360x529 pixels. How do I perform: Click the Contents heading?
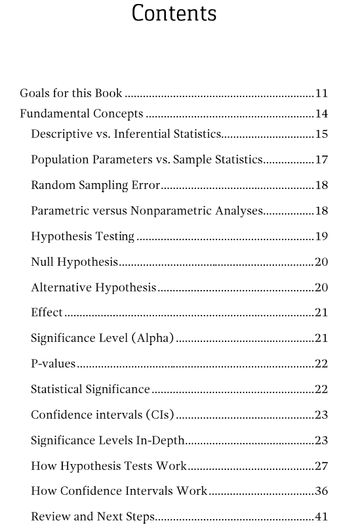pos(174,13)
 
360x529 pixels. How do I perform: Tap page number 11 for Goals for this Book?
pos(321,94)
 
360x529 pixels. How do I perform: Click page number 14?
pos(321,114)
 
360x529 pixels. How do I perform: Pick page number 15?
pos(321,135)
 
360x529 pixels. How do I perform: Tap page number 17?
pos(321,160)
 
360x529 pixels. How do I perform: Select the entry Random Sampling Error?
pos(95,185)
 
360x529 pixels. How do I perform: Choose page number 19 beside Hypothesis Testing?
pos(321,236)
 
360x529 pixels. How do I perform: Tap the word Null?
pos(42,262)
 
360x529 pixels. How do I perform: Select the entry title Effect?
pos(47,312)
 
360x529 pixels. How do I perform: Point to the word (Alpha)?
pos(153,339)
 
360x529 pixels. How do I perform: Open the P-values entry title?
pos(53,364)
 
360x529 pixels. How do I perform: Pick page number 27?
pos(321,466)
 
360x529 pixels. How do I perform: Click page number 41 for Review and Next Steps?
pos(321,517)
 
